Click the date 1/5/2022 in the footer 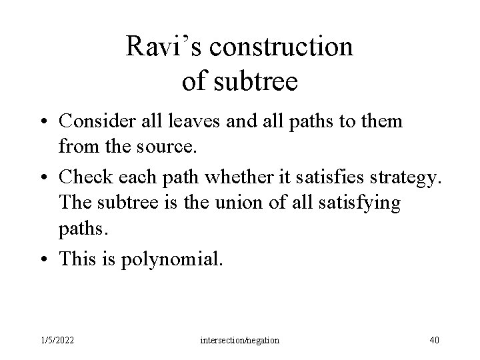point(57,341)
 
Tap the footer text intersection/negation point(240,341)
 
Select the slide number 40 point(434,341)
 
